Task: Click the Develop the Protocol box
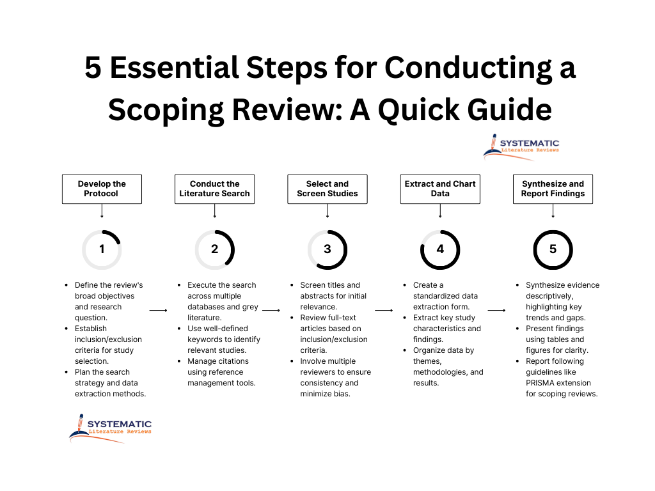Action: (102, 189)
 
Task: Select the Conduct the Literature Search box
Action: (214, 189)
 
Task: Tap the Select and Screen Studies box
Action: (327, 189)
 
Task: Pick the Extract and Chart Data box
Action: (440, 189)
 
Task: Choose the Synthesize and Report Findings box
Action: (553, 189)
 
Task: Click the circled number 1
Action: (102, 249)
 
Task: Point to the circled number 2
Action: (214, 249)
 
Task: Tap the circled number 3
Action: (327, 249)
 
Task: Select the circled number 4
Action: (440, 249)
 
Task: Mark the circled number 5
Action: (553, 249)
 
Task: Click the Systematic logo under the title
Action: (521, 146)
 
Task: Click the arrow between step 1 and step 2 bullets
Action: (158, 310)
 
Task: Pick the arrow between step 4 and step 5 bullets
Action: (496, 310)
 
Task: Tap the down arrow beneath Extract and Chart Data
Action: (440, 211)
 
